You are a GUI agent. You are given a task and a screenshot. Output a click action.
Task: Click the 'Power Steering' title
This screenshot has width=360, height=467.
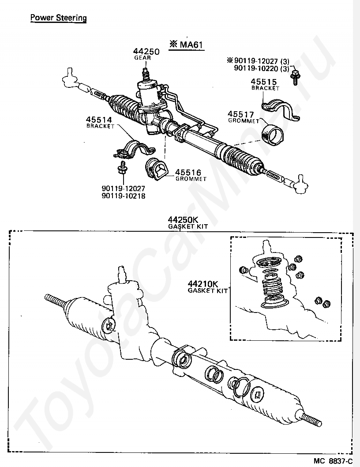pyautogui.click(x=58, y=18)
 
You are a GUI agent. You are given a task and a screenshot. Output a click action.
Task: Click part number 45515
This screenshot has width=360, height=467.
pyautogui.click(x=263, y=82)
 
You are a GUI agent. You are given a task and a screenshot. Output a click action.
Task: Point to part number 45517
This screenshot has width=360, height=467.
pyautogui.click(x=241, y=114)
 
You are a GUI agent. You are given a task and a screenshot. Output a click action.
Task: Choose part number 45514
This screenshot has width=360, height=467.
pyautogui.click(x=99, y=120)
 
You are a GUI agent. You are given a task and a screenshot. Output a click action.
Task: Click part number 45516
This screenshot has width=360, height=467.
pyautogui.click(x=188, y=173)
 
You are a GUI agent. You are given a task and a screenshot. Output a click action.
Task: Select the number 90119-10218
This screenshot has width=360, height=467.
pyautogui.click(x=124, y=196)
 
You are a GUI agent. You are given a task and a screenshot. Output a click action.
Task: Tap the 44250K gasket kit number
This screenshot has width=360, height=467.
pyautogui.click(x=182, y=220)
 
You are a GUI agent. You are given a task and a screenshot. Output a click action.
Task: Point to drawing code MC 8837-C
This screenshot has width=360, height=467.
pyautogui.click(x=334, y=461)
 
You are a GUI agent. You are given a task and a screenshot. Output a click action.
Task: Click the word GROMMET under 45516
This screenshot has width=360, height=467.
pyautogui.click(x=191, y=179)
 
